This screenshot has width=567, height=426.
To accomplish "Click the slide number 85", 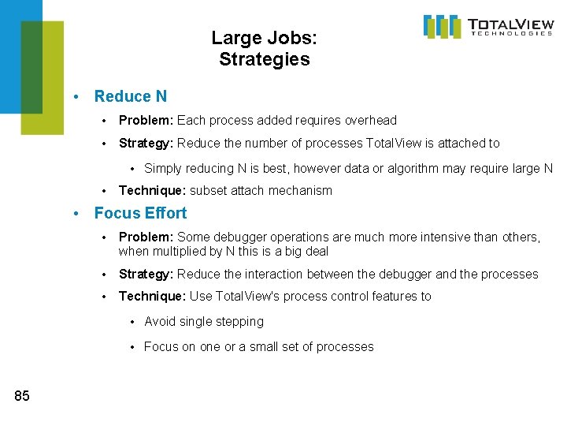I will (22, 396).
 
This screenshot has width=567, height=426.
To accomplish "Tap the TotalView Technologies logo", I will (488, 26).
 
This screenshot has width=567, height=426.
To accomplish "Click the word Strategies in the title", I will (265, 59).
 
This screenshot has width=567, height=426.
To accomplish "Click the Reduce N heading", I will (131, 96).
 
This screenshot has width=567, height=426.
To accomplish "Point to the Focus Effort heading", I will (140, 213).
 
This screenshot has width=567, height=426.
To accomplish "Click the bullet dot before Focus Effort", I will (76, 214).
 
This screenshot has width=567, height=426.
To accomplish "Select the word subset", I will (209, 190).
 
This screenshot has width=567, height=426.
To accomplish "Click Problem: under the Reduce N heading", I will (146, 121).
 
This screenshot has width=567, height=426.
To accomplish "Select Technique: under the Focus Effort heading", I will (153, 296).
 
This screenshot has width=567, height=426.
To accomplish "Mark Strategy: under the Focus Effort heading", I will (146, 274).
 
